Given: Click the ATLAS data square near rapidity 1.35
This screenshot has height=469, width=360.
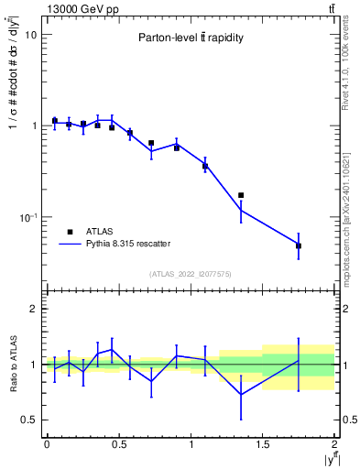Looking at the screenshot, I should click(x=241, y=195).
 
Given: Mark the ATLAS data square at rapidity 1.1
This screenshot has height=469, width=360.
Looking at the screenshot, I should click(x=205, y=166).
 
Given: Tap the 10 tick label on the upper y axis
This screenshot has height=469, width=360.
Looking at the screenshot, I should click(x=30, y=35).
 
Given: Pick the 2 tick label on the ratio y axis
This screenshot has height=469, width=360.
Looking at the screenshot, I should click(x=33, y=310).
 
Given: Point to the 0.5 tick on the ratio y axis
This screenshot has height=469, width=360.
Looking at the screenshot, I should click(x=28, y=420).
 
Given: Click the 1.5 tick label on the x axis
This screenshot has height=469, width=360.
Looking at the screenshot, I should click(x=263, y=444).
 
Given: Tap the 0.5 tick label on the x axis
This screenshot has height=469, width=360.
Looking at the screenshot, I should click(x=118, y=444).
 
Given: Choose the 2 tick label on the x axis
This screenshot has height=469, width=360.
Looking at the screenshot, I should click(x=334, y=444).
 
